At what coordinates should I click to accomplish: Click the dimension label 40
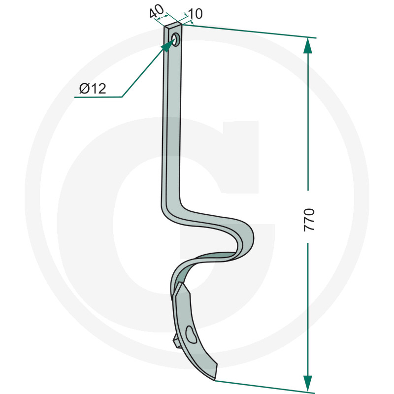(x=156, y=11)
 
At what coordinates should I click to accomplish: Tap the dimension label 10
(x=195, y=14)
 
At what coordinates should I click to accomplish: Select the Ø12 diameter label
(x=93, y=89)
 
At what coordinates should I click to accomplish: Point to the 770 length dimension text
(x=309, y=219)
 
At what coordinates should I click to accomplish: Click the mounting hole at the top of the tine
(x=176, y=39)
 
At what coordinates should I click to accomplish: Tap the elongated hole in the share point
(x=191, y=334)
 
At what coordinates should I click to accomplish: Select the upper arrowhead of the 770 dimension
(x=308, y=46)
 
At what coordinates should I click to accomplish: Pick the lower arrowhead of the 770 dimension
(x=308, y=383)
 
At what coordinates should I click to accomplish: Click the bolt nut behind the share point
(x=176, y=342)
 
